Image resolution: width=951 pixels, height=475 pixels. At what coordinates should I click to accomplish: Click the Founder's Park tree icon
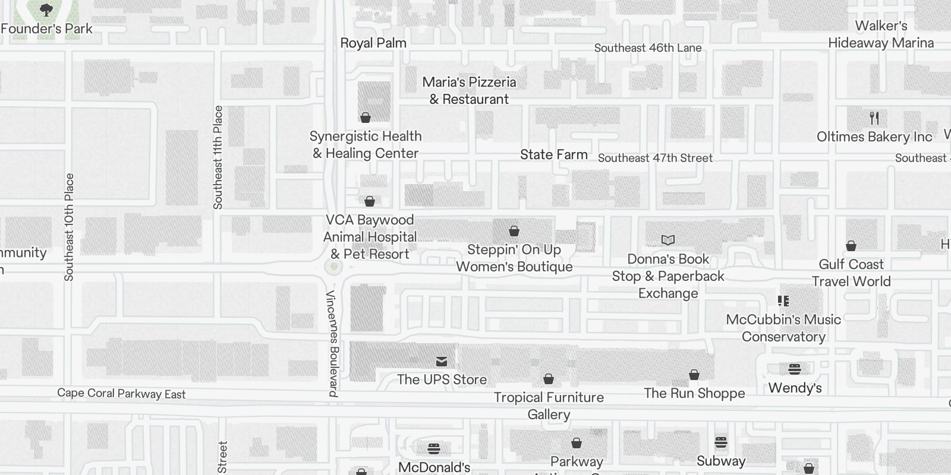tap(46, 10)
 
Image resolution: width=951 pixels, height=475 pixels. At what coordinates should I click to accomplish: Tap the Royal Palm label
tap(373, 43)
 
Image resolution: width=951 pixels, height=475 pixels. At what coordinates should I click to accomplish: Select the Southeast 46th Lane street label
tap(648, 48)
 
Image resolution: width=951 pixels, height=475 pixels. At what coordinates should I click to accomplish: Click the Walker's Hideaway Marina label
tap(881, 34)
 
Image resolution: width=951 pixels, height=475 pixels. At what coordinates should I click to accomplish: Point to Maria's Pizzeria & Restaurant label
tap(469, 90)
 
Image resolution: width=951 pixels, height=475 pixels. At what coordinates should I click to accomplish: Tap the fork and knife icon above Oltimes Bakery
tap(874, 118)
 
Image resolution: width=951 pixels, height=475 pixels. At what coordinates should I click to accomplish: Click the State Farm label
tap(553, 154)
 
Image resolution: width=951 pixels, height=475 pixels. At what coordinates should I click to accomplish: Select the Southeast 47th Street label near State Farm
tap(655, 158)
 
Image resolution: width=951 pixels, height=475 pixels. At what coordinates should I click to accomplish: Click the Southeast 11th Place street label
tap(218, 157)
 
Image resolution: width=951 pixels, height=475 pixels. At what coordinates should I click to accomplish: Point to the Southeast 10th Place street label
tap(70, 227)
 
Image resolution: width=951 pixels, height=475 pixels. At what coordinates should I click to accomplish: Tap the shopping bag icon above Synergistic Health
tap(366, 118)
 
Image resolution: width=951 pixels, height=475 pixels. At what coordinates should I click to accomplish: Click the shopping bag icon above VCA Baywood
tap(370, 201)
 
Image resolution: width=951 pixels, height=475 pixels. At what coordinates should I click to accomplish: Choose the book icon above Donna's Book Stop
tap(668, 240)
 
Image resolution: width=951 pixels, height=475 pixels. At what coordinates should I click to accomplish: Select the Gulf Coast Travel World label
tap(851, 273)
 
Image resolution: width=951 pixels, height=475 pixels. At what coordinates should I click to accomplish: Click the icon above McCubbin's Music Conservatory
tap(783, 301)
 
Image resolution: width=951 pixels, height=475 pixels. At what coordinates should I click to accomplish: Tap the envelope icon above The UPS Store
tap(442, 361)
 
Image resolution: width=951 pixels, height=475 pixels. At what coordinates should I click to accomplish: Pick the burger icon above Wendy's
tap(795, 369)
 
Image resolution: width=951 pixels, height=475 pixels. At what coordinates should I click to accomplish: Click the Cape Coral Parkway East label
tap(121, 394)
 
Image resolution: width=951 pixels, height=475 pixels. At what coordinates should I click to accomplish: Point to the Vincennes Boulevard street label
tap(333, 344)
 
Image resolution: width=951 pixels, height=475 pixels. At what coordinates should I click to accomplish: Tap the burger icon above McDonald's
tap(434, 448)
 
